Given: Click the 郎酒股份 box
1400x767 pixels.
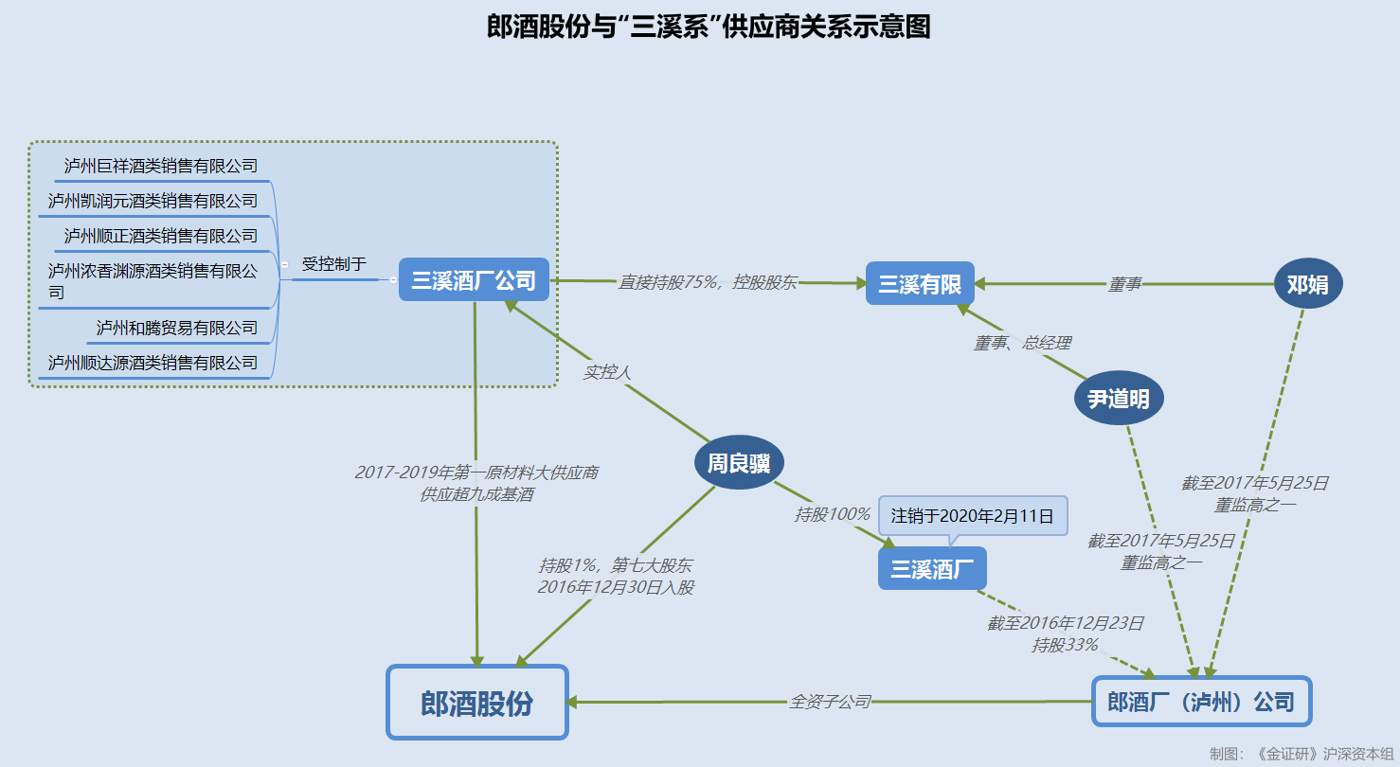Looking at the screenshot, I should point(477,703).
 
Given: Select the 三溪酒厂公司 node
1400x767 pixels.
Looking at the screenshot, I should point(474,280).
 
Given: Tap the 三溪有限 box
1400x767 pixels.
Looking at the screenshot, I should point(920,283).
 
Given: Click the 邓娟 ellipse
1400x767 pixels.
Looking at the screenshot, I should point(1308,283).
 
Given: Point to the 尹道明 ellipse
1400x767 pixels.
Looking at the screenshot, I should point(1119,399).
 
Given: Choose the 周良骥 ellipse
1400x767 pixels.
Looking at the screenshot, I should point(739,463).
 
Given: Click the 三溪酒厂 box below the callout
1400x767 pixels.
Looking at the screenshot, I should point(932,568).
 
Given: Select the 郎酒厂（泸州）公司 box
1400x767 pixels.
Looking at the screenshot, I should point(1201,702).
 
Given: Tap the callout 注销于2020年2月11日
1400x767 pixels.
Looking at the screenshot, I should point(973,516).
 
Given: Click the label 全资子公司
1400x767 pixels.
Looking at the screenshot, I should point(830,702).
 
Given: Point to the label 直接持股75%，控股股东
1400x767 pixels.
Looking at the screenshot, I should point(708,282).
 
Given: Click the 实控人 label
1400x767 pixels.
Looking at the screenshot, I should point(607,372).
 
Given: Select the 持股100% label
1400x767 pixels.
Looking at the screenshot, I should point(832,514).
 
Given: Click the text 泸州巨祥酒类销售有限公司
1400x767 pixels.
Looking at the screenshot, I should point(161,166).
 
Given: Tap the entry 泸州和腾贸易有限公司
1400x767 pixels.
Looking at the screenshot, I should point(177,328).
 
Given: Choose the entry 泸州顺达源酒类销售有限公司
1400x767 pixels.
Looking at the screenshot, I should point(153,363).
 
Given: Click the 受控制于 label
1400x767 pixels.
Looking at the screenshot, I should point(333,264).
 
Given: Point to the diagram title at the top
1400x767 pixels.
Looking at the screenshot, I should point(709,27).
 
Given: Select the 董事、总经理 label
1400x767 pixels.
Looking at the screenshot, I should point(1022,343).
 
